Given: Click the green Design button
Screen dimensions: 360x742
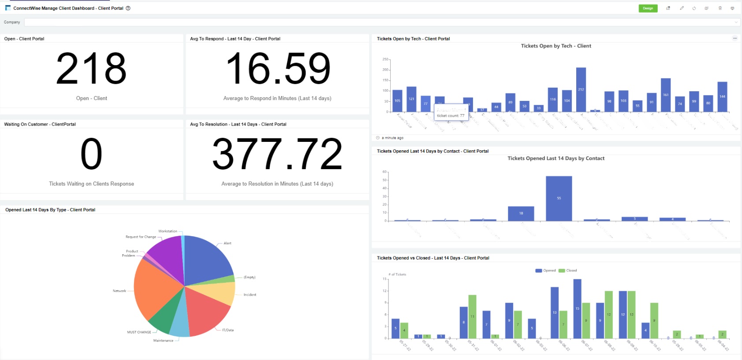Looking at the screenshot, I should [648, 8].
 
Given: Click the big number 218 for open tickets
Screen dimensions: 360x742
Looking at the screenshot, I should [91, 69].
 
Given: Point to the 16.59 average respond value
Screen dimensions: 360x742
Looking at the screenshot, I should [278, 69].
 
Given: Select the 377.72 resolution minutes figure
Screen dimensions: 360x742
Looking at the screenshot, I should [277, 154].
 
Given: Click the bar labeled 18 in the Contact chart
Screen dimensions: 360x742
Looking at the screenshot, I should [521, 214].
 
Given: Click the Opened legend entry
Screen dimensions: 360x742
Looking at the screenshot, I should [546, 271].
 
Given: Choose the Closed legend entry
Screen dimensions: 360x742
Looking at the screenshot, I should [568, 271].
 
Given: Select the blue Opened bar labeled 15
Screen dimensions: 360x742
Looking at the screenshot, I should [577, 308].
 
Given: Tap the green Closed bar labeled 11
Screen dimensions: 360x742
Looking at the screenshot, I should [472, 316].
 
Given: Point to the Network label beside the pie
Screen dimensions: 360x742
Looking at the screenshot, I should [119, 291].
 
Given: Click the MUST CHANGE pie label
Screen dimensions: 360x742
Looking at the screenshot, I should [139, 332].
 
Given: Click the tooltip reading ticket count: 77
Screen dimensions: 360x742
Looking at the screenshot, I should [450, 115].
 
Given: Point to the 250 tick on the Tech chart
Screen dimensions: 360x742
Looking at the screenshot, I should [385, 59].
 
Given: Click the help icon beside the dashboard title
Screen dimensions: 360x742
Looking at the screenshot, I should [128, 8].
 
